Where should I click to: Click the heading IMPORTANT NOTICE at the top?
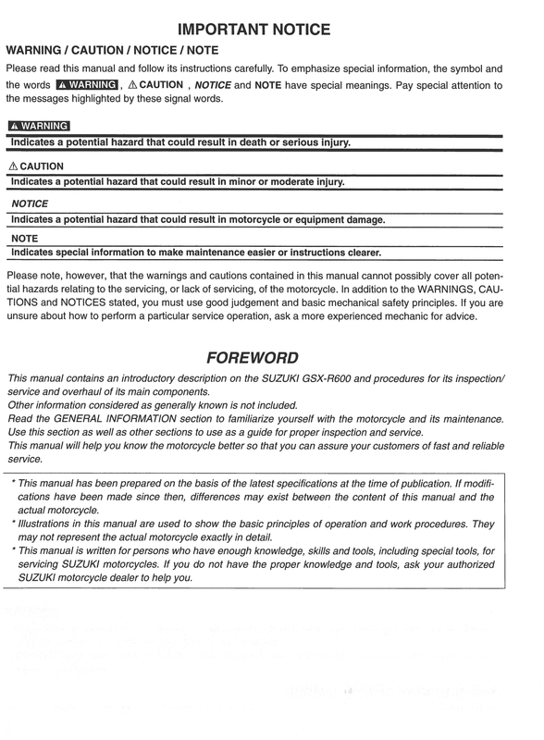(272, 29)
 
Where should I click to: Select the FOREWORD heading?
(271, 358)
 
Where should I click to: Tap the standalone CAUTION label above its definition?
(35, 165)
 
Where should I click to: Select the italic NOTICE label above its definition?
(29, 203)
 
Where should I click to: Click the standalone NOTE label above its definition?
(24, 236)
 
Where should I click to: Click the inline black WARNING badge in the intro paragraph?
(80, 85)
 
